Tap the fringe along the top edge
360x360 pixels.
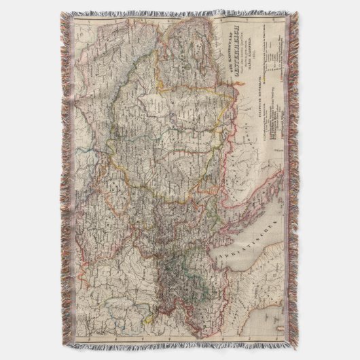(180, 14)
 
